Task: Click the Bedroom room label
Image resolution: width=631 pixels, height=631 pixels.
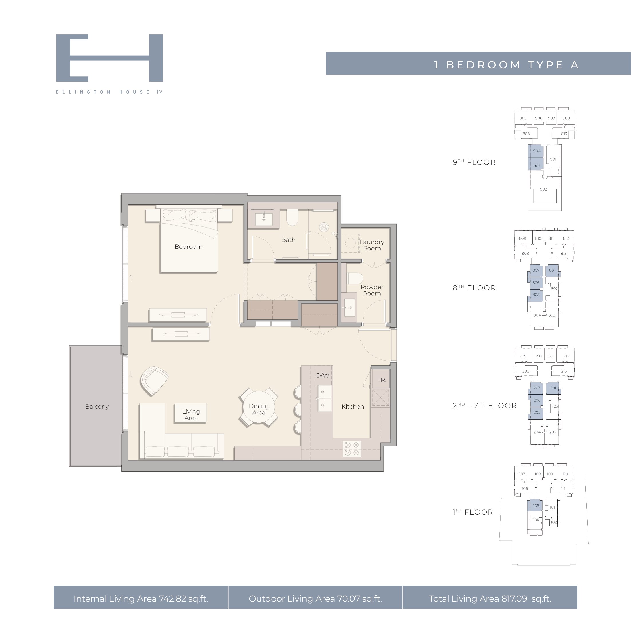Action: (189, 247)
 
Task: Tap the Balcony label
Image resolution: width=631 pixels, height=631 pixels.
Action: (97, 407)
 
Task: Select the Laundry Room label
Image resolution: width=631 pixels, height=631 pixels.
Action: (372, 245)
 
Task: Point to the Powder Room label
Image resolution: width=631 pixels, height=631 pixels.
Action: (372, 290)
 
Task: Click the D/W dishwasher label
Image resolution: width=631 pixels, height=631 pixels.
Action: (322, 375)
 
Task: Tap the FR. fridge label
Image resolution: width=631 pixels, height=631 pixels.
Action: (381, 380)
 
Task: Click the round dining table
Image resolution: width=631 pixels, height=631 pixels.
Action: (258, 407)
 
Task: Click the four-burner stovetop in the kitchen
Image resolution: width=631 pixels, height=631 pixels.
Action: (352, 449)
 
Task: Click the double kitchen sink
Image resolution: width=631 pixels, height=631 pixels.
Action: (324, 398)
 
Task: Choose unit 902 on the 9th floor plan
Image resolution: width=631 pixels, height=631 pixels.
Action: (543, 189)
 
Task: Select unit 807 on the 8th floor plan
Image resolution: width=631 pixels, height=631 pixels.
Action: (536, 270)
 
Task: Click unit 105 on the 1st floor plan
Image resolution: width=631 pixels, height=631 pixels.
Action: (536, 506)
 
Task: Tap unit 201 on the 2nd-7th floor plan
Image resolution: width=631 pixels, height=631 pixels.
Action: (553, 388)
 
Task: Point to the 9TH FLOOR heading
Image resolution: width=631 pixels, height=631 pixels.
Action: (474, 162)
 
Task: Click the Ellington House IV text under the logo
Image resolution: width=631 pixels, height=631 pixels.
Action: (109, 92)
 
